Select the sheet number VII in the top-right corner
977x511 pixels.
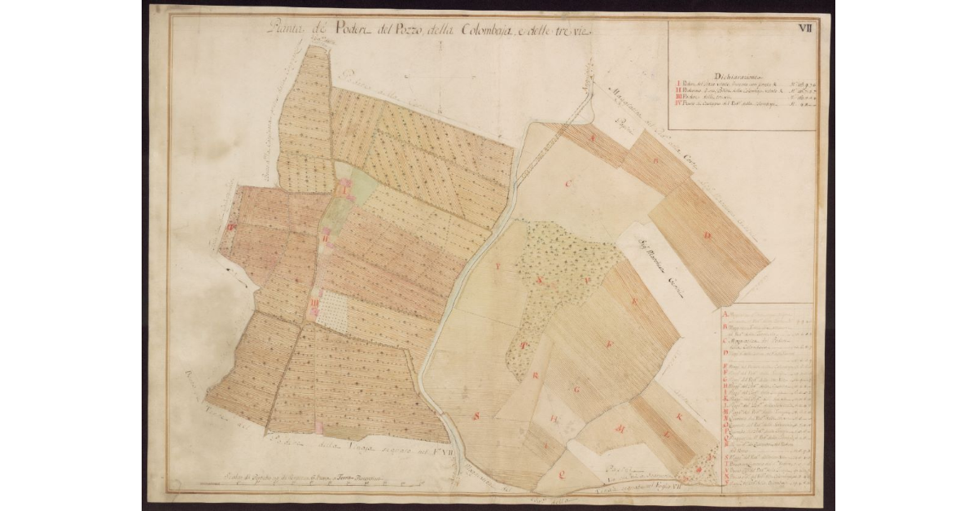click(x=805, y=28)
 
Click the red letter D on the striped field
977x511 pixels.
click(x=708, y=235)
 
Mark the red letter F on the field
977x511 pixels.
click(x=607, y=345)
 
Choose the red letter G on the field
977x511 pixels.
click(x=576, y=390)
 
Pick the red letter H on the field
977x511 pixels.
click(x=554, y=421)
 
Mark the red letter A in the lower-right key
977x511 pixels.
click(x=725, y=312)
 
